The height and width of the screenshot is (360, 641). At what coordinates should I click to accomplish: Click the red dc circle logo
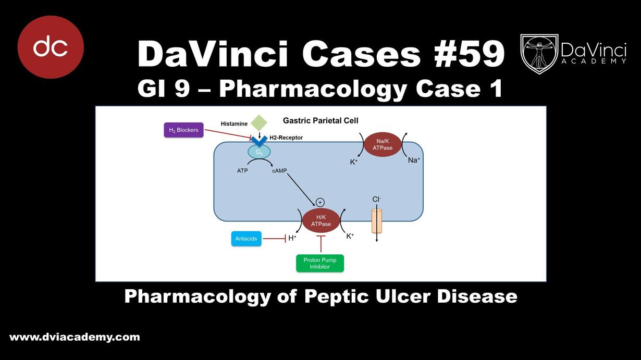click(51, 47)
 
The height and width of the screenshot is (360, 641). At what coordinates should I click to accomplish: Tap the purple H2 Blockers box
click(183, 130)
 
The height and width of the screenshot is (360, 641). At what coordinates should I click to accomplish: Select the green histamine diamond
click(259, 123)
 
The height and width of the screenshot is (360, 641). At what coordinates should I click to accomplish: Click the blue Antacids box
click(246, 239)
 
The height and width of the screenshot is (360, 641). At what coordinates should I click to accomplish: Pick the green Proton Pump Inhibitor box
click(320, 263)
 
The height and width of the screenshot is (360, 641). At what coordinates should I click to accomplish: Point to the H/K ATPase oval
click(321, 220)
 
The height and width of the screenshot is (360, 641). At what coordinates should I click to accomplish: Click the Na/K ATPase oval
click(383, 144)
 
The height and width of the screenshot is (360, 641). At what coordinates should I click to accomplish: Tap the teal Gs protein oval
click(259, 152)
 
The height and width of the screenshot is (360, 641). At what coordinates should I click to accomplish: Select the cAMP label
click(279, 170)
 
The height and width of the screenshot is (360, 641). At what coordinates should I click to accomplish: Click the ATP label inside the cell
click(242, 170)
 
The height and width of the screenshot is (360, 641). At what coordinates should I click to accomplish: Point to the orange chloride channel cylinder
click(377, 221)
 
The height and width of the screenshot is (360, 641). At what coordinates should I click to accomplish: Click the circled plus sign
click(320, 202)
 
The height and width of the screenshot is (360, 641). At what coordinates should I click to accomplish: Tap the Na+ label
click(414, 160)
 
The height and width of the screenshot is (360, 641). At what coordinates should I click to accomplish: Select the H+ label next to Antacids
click(292, 238)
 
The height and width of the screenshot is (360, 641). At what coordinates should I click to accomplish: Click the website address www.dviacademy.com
click(75, 337)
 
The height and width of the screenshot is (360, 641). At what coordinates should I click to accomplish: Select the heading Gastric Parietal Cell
click(320, 120)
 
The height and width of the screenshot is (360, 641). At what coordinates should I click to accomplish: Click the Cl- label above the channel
click(376, 199)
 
